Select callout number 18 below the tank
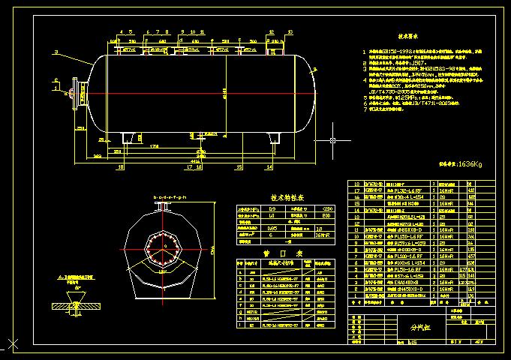[120, 168]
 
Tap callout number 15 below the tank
[238, 168]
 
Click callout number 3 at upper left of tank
[56, 52]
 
